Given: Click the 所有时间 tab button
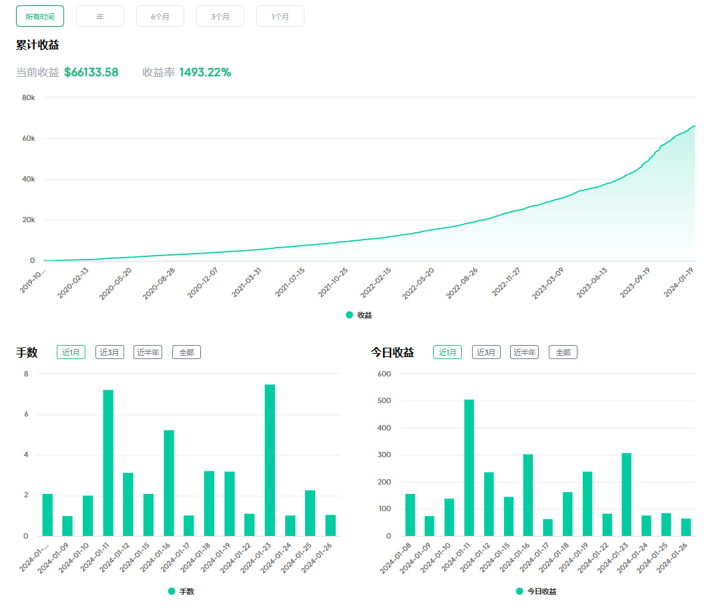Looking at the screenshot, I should tap(40, 16).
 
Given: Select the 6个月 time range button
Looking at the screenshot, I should tap(160, 16).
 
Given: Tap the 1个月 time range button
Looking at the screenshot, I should tap(280, 16).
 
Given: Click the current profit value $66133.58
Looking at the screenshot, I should tap(91, 72).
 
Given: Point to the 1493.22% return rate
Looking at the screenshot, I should tap(205, 72).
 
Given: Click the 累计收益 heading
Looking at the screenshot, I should tap(37, 45).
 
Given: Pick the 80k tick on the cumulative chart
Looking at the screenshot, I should tap(29, 97).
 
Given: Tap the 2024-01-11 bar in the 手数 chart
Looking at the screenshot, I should tap(108, 463).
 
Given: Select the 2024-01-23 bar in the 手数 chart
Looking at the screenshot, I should tap(270, 460).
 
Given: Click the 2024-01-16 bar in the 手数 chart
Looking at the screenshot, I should tap(169, 483).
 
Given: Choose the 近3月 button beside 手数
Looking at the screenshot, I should tap(109, 352).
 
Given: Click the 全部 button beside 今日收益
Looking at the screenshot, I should tap(563, 352).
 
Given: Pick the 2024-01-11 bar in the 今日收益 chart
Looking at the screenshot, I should tap(469, 467).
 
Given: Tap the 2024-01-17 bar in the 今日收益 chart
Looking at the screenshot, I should tap(548, 527).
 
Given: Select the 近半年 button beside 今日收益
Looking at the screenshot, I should tap(524, 352).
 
